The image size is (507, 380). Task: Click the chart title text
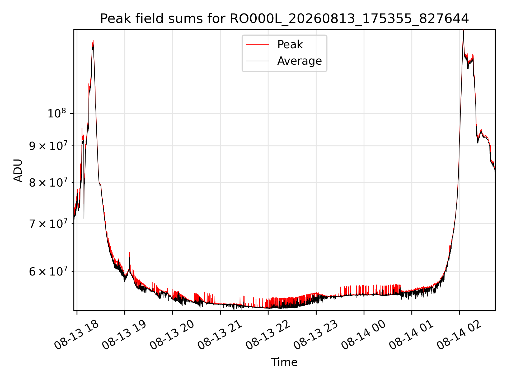click(x=284, y=19)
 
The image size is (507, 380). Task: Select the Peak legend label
click(x=290, y=45)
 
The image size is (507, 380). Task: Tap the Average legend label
click(x=299, y=61)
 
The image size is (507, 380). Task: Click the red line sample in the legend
click(x=257, y=45)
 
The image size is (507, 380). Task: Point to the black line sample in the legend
click(x=257, y=61)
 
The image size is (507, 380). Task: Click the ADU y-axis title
click(x=18, y=170)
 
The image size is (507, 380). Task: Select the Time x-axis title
click(x=284, y=362)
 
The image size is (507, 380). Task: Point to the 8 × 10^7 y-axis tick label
click(x=48, y=182)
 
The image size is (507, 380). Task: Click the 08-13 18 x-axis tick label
click(x=77, y=335)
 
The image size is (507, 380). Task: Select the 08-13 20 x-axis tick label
click(x=172, y=335)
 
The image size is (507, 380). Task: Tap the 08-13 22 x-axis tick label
click(x=268, y=335)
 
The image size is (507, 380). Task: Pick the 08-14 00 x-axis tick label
click(x=363, y=335)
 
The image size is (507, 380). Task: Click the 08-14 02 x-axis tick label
click(x=459, y=335)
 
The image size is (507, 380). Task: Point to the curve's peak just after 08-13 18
click(x=93, y=41)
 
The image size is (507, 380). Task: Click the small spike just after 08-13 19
click(x=129, y=253)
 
